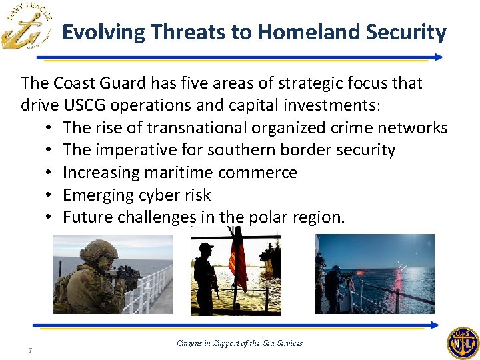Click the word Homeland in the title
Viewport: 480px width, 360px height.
301,32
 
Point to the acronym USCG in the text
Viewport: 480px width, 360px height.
82,105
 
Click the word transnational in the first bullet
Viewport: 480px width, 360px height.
184,127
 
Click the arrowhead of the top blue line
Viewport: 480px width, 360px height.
438,58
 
